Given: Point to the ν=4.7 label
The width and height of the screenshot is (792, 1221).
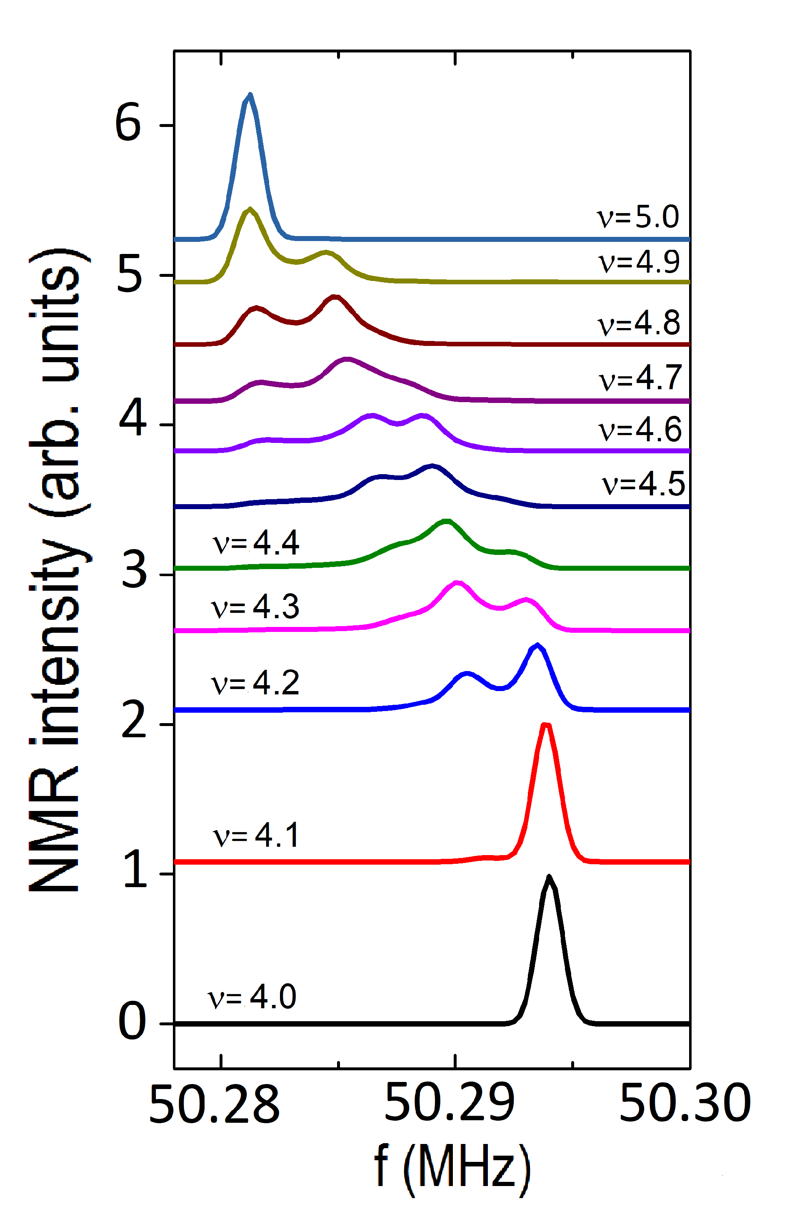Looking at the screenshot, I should [640, 378].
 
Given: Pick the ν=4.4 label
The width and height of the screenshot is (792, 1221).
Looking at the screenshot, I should [256, 543].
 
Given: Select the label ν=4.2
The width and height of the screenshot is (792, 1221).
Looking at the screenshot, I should [255, 683].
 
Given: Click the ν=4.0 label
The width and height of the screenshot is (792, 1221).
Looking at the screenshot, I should [252, 997].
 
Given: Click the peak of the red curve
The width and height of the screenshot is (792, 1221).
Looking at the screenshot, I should [546, 726].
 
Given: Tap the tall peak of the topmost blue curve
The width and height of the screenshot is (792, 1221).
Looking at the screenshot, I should [250, 95].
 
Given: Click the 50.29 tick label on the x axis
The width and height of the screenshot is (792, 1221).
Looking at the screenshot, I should [449, 1102].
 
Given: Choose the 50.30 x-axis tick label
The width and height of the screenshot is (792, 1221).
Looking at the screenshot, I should [685, 1102].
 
